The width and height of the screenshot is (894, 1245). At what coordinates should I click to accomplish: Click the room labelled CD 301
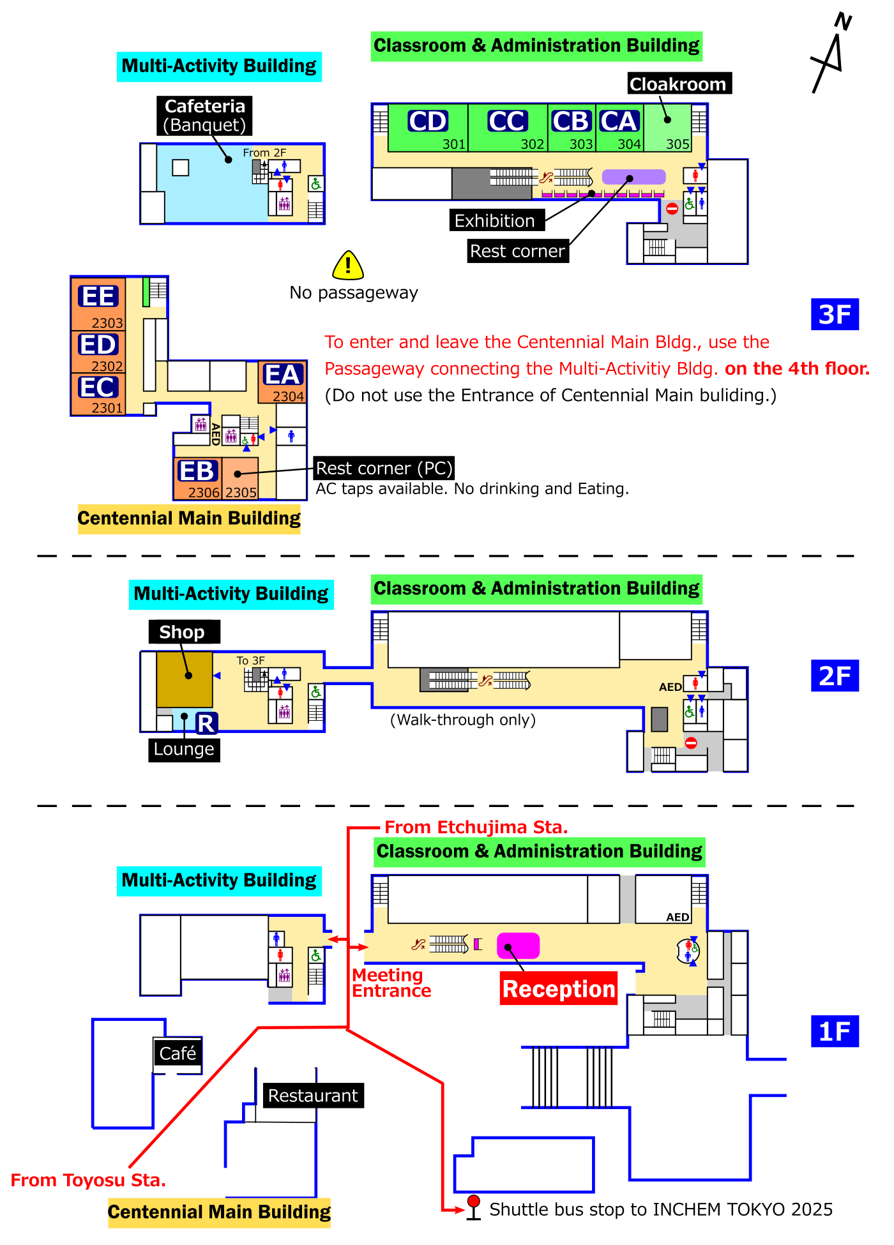click(x=428, y=128)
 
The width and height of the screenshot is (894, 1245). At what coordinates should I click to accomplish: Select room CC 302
click(x=508, y=128)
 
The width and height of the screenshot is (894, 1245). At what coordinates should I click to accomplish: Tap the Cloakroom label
click(x=678, y=84)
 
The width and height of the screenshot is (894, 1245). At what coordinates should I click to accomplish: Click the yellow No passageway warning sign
click(x=348, y=265)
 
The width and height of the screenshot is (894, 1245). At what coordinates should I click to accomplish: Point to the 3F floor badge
click(x=835, y=314)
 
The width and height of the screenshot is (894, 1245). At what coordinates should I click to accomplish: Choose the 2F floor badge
click(x=835, y=676)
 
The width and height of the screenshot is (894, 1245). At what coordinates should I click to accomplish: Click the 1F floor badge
click(x=835, y=1031)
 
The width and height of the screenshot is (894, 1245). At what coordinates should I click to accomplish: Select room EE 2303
click(x=98, y=304)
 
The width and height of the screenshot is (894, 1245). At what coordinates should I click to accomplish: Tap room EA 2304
click(x=282, y=382)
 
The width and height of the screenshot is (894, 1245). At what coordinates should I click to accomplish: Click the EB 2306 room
click(x=197, y=478)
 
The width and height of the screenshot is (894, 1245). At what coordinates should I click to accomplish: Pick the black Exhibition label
click(x=496, y=220)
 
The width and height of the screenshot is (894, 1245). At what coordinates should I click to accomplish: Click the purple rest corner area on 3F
click(x=633, y=177)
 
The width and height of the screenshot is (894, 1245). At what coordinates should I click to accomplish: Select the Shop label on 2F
click(x=183, y=632)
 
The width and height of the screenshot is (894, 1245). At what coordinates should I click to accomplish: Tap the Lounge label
click(x=184, y=749)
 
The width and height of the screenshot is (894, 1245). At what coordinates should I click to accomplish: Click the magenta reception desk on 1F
click(x=518, y=946)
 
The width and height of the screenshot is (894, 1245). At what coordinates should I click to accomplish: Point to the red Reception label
click(x=559, y=988)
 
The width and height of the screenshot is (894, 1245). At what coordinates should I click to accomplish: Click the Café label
click(x=178, y=1053)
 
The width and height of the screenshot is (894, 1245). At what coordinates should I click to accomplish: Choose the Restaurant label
click(x=313, y=1096)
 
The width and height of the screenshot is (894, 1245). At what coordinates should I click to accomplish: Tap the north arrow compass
click(x=830, y=54)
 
